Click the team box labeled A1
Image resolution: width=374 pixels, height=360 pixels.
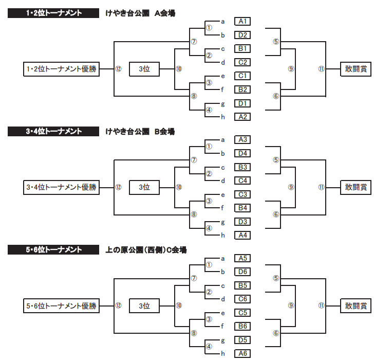tap(243, 21)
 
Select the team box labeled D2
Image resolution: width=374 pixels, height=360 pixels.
tap(243, 35)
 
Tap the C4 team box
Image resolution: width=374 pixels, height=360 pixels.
tap(243, 181)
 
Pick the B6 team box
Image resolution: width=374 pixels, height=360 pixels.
tap(243, 326)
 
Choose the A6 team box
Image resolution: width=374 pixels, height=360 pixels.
tap(243, 353)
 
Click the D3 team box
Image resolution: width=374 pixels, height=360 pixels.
tap(243, 222)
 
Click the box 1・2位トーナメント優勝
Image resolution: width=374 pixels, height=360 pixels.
tap(61, 69)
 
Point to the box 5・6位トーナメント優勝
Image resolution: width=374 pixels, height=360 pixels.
tap(61, 306)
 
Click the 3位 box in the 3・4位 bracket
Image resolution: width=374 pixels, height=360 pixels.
tap(144, 188)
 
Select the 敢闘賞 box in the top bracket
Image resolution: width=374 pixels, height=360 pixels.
tap(356, 69)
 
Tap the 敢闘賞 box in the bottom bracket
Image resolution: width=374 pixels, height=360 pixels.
tap(356, 306)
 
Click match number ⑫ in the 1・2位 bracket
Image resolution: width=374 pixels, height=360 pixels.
tap(118, 69)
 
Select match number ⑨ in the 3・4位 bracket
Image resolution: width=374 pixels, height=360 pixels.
tap(291, 187)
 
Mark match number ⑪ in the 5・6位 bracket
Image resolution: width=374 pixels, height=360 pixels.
tap(322, 305)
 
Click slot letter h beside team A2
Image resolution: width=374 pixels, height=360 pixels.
tap(223, 117)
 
